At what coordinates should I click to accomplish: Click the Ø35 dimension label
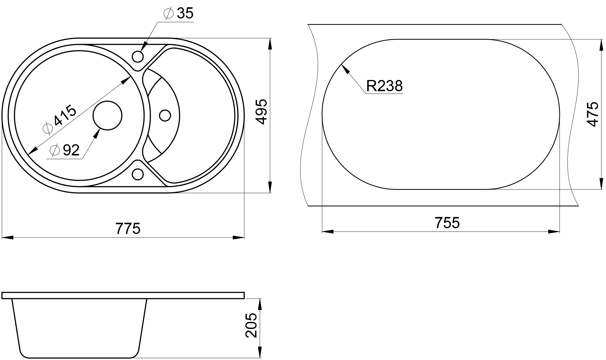point(178,14)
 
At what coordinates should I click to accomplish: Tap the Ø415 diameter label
point(60,119)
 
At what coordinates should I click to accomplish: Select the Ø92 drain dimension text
point(65,150)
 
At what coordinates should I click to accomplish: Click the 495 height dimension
point(261,111)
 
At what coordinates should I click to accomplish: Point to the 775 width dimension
point(128,228)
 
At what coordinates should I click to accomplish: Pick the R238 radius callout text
point(385,86)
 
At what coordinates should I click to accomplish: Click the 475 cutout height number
point(592,114)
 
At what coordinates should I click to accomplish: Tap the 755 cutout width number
point(447,223)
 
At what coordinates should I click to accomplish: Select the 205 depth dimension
point(251,325)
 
